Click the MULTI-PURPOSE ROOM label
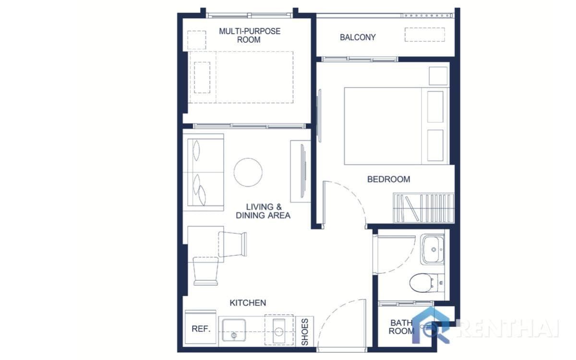point(249,36)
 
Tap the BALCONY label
point(358,37)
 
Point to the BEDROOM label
point(388,180)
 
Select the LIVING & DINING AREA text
point(263,211)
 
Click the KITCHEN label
point(248,303)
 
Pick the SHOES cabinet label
point(305,331)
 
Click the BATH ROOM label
point(401,327)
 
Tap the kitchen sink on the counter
point(234,330)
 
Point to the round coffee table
point(248,172)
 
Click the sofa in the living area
point(204,173)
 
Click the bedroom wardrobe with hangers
point(423,208)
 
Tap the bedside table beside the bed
point(438,76)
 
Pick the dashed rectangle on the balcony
point(424,35)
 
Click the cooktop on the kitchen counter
point(279,330)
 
